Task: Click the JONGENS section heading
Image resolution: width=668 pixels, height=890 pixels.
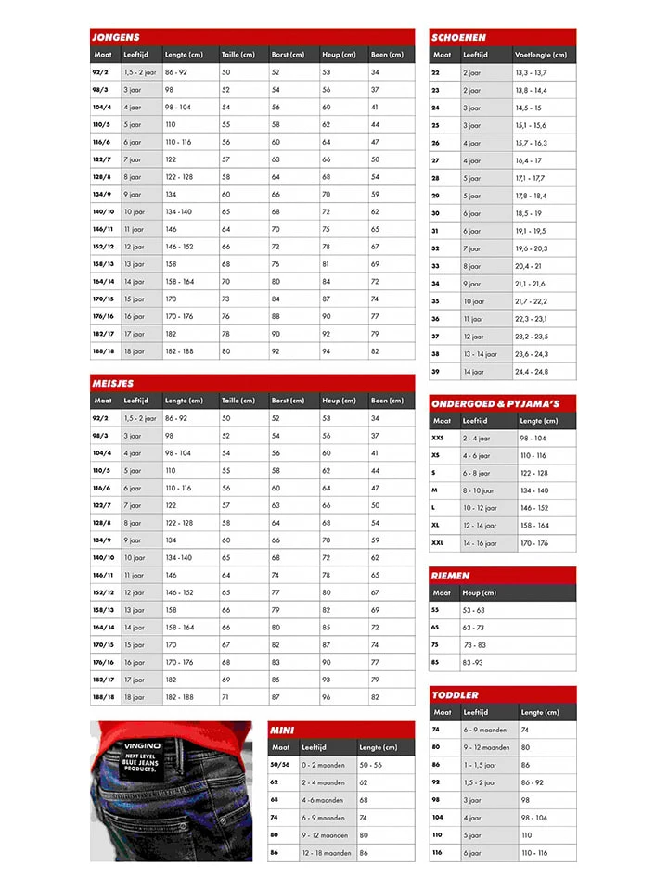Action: (116, 37)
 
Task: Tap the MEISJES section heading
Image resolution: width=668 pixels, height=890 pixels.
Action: (113, 383)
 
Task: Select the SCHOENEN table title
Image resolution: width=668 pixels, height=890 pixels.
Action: (458, 37)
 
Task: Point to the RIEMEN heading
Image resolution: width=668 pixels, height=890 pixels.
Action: (451, 576)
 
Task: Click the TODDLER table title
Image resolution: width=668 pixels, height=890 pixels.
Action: (456, 694)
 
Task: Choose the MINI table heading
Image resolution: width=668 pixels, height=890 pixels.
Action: (282, 731)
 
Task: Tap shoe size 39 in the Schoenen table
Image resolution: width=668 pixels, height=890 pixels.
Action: (436, 372)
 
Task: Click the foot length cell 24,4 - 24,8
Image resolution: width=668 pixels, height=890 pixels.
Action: (532, 372)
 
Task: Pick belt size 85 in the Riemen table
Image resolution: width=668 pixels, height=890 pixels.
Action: (435, 663)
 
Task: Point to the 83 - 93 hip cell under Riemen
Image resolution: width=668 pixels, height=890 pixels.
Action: (474, 663)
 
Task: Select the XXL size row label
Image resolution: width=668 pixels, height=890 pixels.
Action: (438, 543)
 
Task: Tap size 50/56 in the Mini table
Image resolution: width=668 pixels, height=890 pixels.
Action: (279, 765)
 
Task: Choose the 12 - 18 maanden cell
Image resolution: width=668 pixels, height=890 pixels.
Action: (326, 853)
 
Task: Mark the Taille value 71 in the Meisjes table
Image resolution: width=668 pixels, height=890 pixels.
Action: (225, 697)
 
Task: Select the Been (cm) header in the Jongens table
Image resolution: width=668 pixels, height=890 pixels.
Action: (387, 55)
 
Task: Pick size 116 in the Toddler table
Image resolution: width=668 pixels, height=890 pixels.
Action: (437, 853)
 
